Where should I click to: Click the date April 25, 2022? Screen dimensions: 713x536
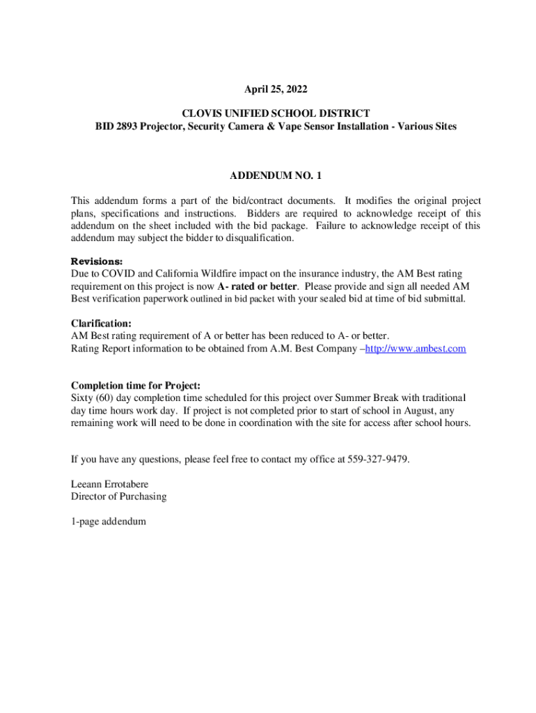(275, 90)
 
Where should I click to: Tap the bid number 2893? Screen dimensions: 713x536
(129, 127)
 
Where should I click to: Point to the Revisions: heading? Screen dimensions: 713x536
(97, 261)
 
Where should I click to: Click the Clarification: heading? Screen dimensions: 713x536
(101, 323)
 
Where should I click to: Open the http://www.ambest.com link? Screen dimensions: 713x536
(416, 348)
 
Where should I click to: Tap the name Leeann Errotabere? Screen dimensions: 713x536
(110, 484)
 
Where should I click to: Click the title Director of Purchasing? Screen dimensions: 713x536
(118, 496)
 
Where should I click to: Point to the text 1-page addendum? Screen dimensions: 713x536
(109, 521)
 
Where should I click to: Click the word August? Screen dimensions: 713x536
(411, 411)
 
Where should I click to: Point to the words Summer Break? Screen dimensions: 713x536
(323, 398)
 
